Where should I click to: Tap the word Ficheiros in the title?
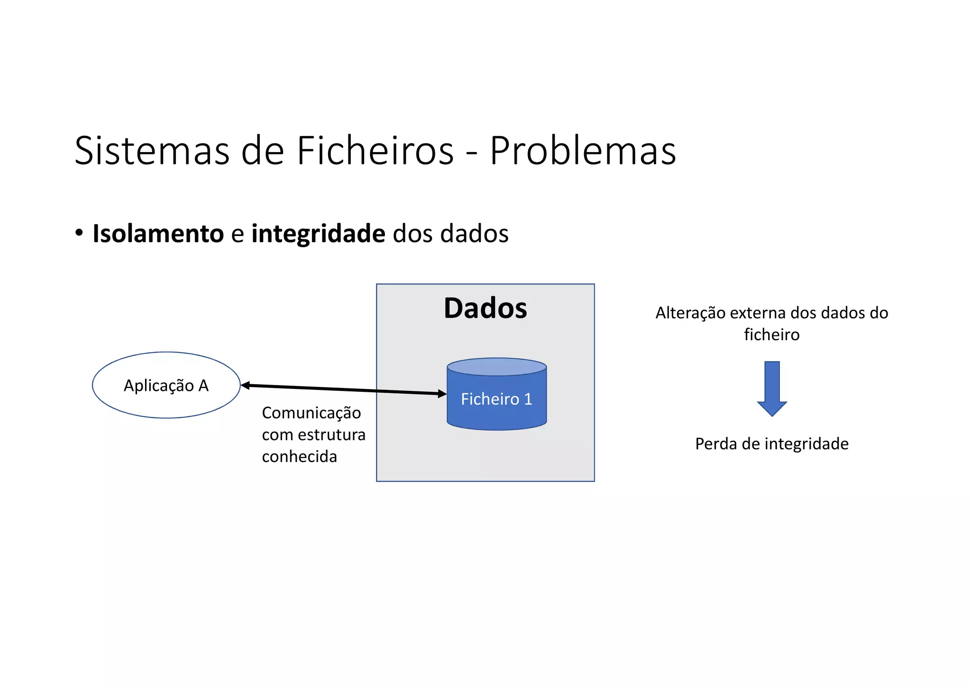pos(375,151)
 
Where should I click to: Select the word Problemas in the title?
pos(582,151)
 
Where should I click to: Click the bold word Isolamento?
pos(158,234)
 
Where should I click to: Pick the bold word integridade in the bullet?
pos(318,234)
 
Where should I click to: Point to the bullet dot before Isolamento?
pos(79,233)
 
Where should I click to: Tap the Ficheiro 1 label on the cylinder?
pos(496,399)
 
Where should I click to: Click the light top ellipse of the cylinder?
pos(496,367)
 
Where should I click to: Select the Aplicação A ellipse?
pos(166,385)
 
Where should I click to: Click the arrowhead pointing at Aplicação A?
pos(245,386)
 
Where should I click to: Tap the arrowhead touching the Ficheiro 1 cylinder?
pos(442,394)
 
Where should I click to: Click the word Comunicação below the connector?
pos(311,413)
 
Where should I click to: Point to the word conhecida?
pos(299,457)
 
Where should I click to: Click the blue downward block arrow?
pos(772,388)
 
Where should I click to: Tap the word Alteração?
pos(690,313)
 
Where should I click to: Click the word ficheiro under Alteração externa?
pos(771,334)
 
